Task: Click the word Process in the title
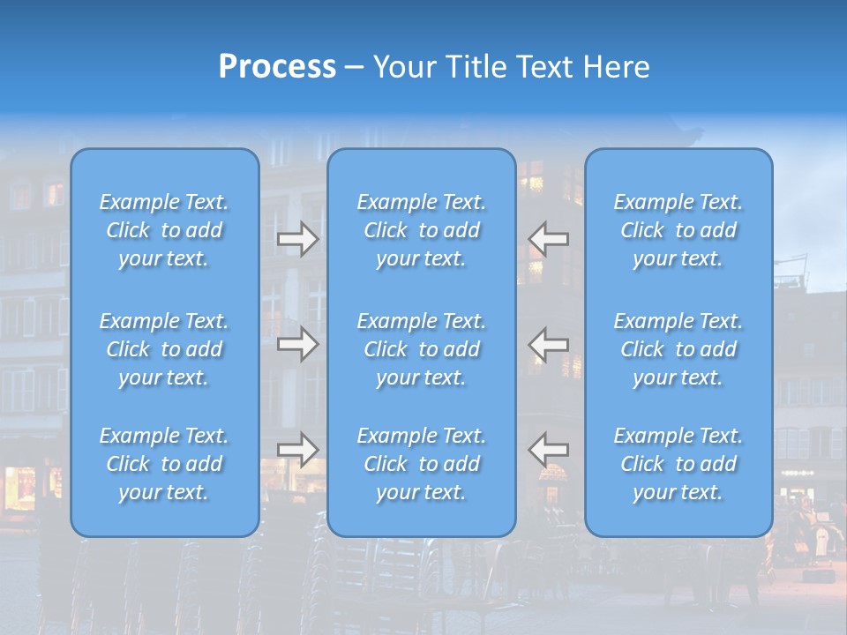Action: tap(277, 67)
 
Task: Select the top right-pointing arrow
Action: tap(297, 239)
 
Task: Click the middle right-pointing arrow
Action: tap(297, 344)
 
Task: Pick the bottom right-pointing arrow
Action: tap(297, 449)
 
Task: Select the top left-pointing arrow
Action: tap(549, 239)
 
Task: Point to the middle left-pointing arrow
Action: tap(549, 344)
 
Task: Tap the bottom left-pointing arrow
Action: tap(549, 449)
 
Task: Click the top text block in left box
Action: tap(164, 230)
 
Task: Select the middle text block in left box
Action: tap(164, 349)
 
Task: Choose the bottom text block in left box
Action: tap(164, 464)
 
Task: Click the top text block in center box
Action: tap(422, 230)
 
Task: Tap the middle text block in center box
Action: tap(422, 349)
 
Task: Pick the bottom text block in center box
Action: tap(422, 464)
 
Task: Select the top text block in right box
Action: tap(678, 230)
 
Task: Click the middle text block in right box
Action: tap(678, 349)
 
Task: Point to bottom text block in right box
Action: tap(678, 464)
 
